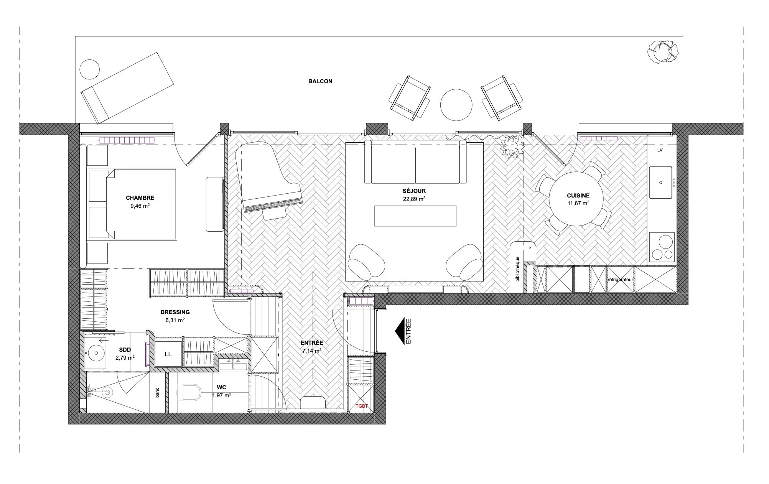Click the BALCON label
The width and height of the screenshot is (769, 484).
(320, 81)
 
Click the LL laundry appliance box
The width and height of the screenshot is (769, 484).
(168, 354)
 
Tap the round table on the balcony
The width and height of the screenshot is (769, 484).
(456, 104)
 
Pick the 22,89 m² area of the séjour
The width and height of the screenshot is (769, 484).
(414, 199)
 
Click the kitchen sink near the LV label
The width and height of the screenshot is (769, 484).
(660, 182)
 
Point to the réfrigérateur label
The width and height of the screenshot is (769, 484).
(620, 280)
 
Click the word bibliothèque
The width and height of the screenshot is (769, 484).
(517, 269)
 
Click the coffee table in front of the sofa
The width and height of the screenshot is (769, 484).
(415, 216)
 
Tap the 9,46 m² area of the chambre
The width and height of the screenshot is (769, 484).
(140, 206)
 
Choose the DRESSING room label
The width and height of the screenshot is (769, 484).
(175, 312)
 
